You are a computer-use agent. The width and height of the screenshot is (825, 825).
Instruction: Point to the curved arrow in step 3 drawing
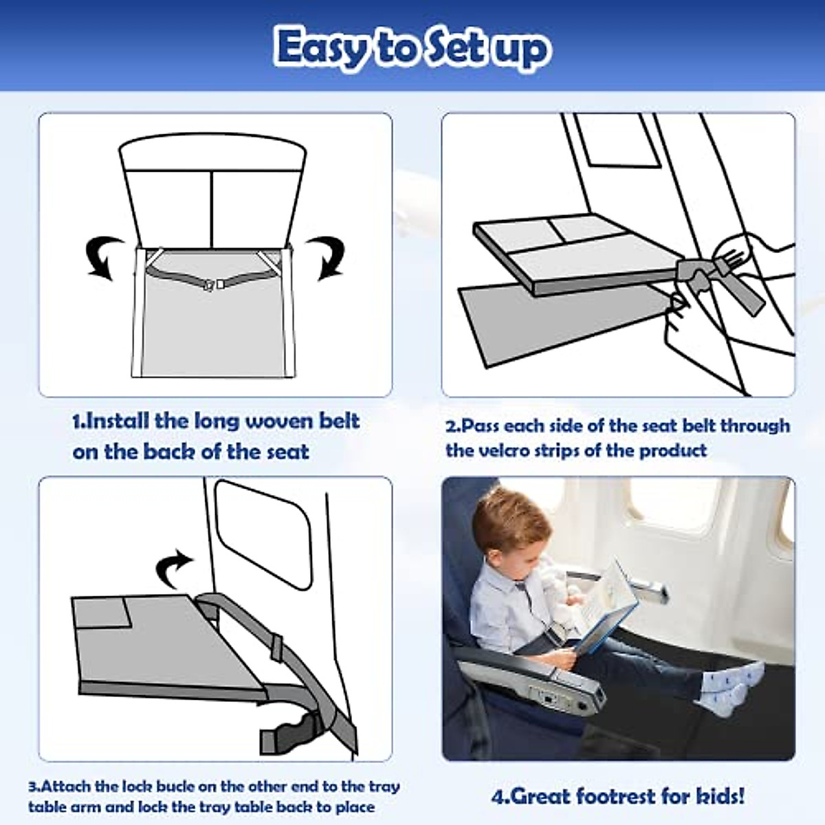pos(174,566)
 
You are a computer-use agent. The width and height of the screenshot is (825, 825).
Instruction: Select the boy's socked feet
pos(712,690)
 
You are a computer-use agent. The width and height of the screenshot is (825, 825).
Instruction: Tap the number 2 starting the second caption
pos(451,426)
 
